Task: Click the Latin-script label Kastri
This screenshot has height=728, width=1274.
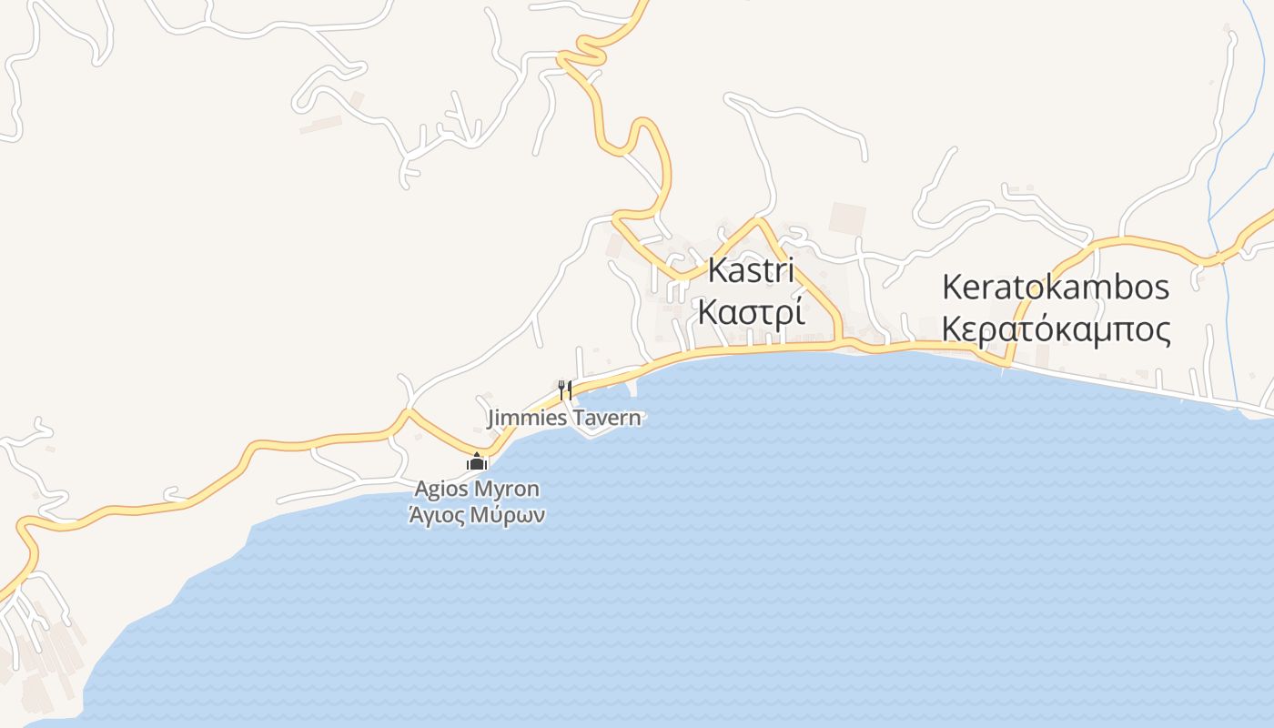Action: (x=751, y=270)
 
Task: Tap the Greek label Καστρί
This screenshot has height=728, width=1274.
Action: (x=751, y=311)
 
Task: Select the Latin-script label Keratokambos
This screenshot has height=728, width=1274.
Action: (x=1056, y=288)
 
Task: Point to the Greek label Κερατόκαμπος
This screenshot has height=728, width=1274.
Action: (x=1056, y=329)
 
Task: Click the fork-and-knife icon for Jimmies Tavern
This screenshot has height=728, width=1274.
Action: (x=565, y=390)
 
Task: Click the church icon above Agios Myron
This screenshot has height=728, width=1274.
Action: (x=477, y=462)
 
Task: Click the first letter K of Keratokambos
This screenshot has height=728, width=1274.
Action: (x=952, y=288)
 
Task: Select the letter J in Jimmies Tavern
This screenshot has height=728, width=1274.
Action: (x=492, y=419)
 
